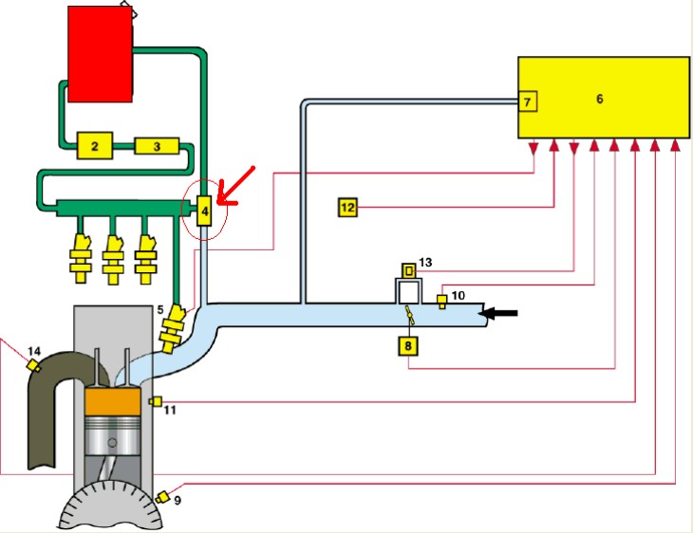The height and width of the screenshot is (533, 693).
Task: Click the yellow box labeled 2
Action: pos(95,146)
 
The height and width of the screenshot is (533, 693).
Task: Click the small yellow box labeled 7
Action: pos(529,100)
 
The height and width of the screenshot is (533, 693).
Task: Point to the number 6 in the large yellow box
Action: pos(599,99)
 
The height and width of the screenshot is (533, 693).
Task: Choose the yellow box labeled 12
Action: pos(347,206)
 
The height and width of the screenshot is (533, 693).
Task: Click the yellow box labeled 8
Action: pos(407,345)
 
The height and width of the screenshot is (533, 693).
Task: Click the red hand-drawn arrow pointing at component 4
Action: pos(237,184)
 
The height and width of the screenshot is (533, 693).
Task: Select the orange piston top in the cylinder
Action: pos(114,412)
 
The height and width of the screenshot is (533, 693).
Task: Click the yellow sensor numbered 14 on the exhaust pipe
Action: pos(33,365)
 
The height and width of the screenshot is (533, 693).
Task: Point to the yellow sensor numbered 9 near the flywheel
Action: pos(163,497)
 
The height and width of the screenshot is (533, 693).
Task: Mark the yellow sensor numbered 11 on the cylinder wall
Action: pos(156,401)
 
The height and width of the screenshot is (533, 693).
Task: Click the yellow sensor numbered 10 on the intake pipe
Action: pos(441,303)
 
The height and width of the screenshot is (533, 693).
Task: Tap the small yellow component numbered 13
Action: pos(409,269)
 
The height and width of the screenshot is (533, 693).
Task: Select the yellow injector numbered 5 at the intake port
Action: pos(174,332)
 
